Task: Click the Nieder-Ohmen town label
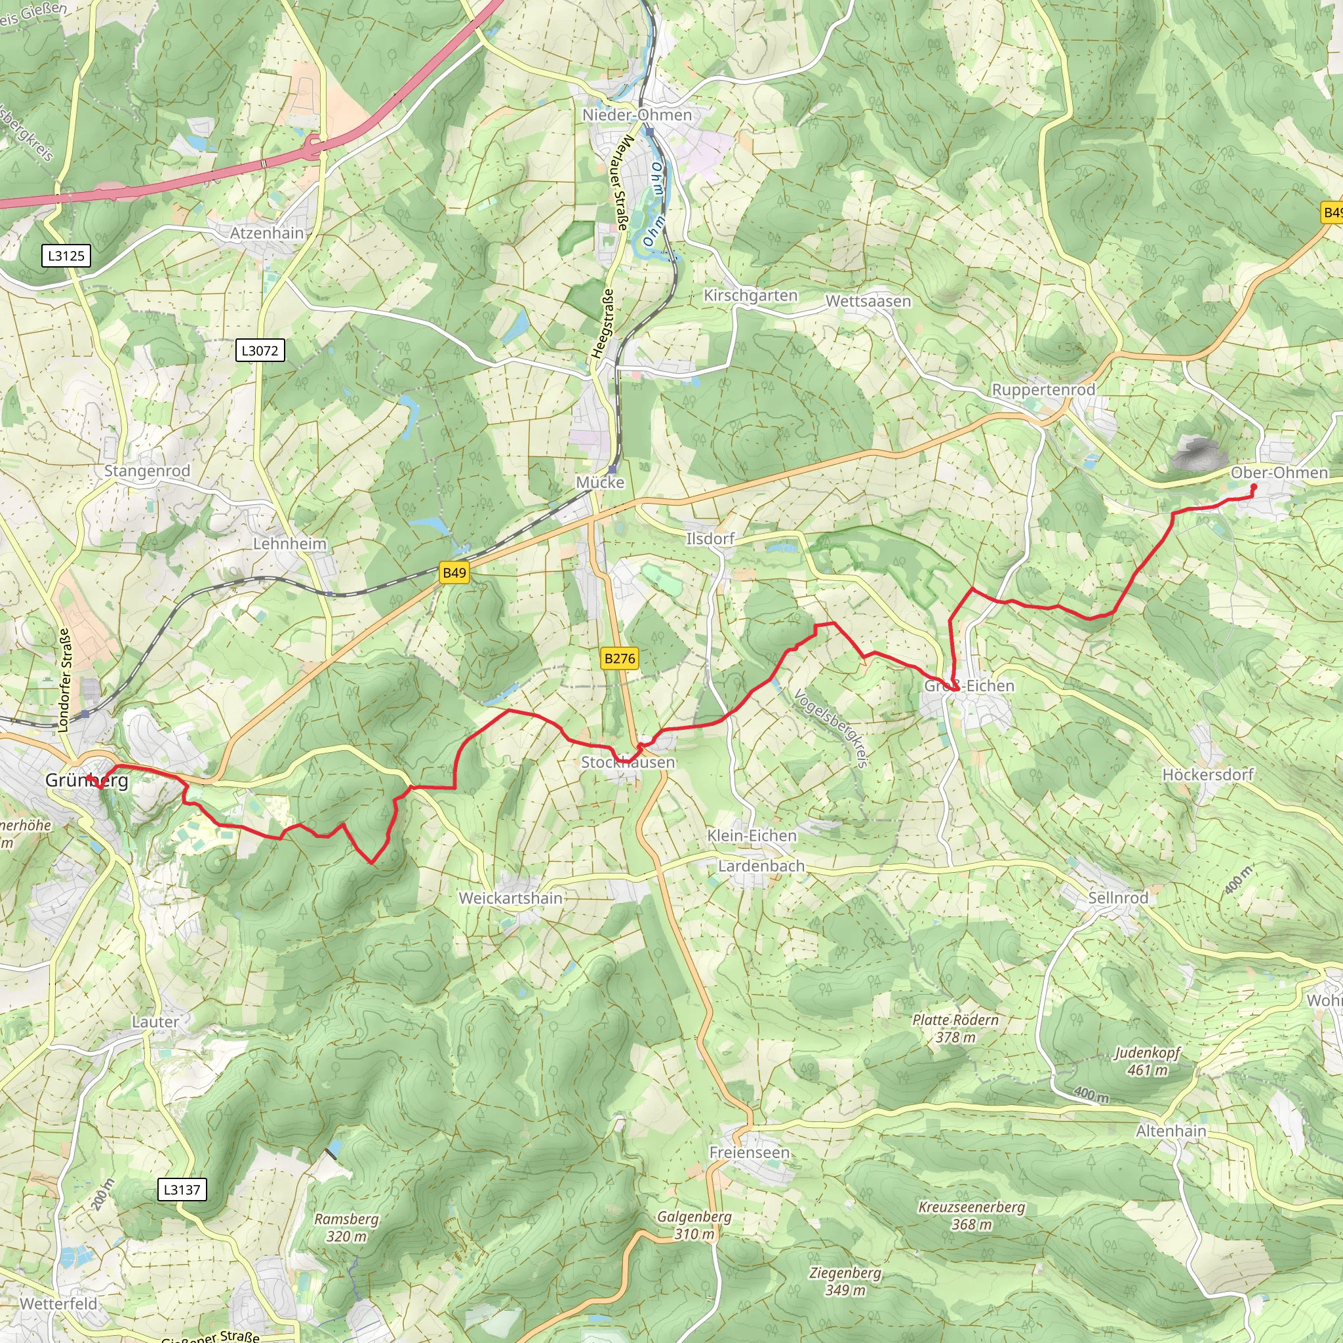point(637,115)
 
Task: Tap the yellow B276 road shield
point(618,658)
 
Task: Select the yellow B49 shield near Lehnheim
point(454,572)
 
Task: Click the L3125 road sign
point(66,256)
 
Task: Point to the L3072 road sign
point(259,350)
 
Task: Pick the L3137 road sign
point(182,1190)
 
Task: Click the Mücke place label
point(599,483)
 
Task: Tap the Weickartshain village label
point(510,898)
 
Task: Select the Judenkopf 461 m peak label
point(1147,1062)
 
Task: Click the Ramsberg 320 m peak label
point(346,1228)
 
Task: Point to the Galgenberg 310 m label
point(694,1225)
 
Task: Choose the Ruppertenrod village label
point(1043,390)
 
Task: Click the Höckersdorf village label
point(1207,774)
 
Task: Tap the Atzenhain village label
point(267,233)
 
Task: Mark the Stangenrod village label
point(147,471)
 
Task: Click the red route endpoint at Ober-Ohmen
point(1253,487)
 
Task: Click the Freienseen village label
point(749,1153)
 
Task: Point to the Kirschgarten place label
point(750,296)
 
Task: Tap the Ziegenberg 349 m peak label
point(845,1281)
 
